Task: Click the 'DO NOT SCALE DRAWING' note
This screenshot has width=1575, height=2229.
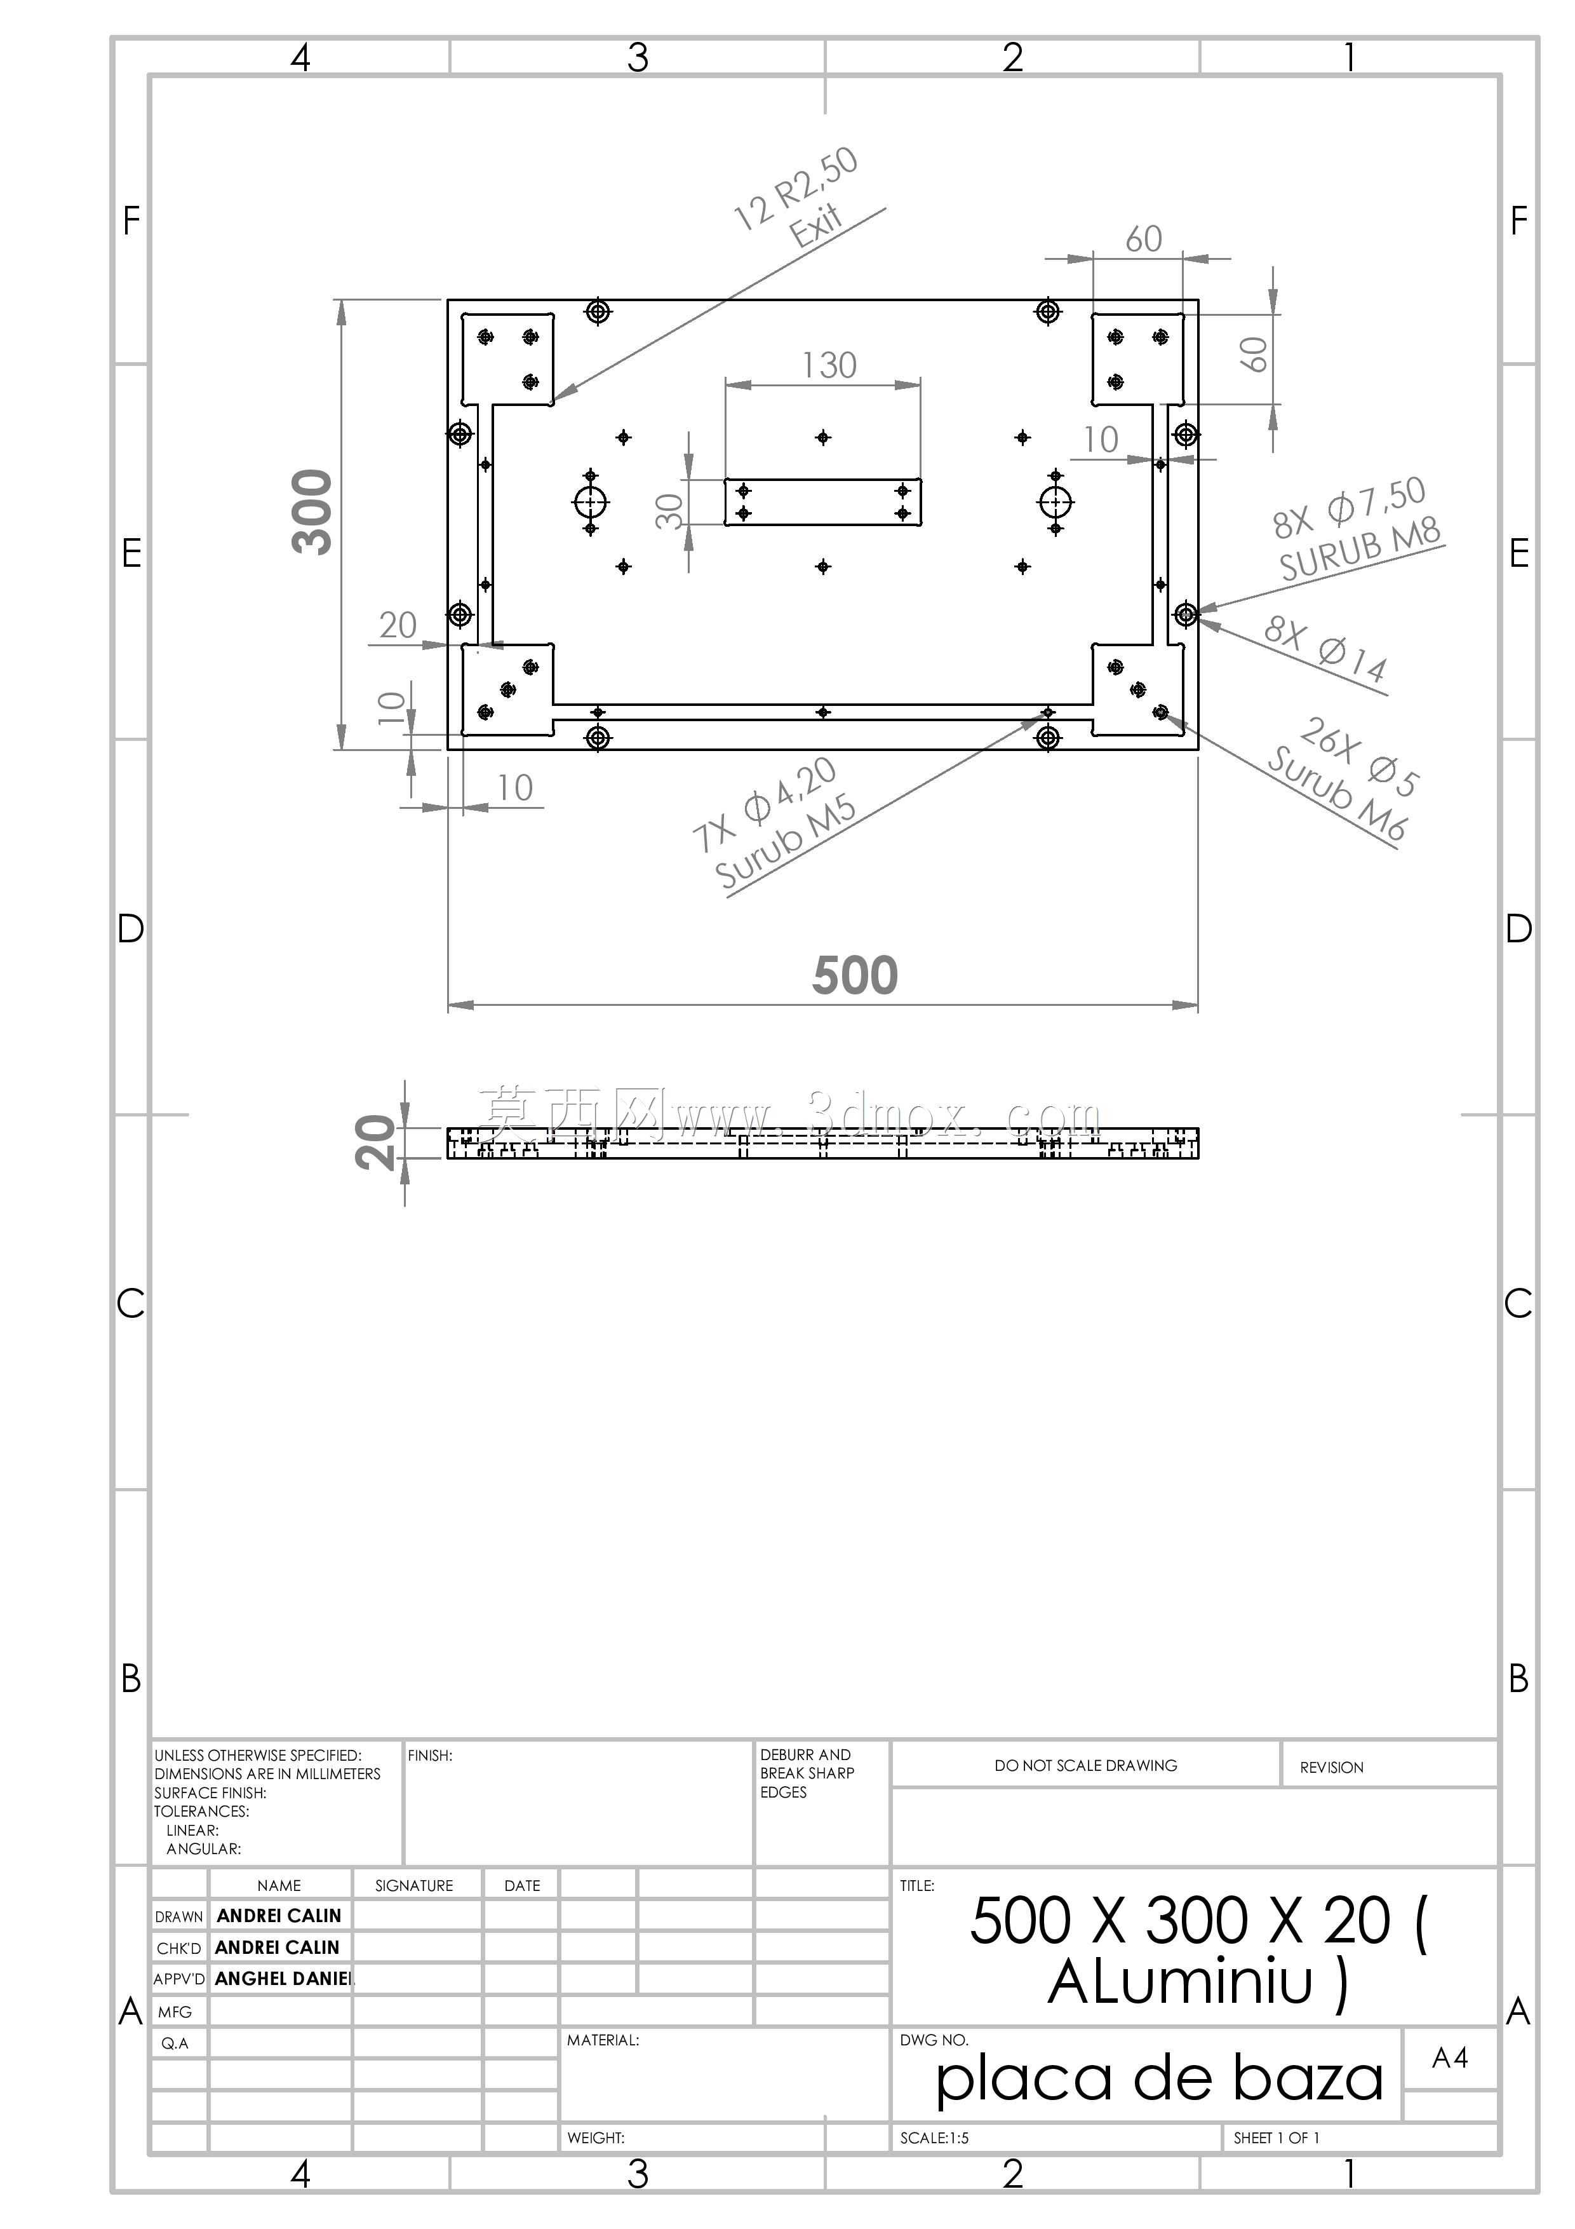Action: click(x=1086, y=1765)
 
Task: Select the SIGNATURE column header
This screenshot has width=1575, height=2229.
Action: click(x=414, y=1885)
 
